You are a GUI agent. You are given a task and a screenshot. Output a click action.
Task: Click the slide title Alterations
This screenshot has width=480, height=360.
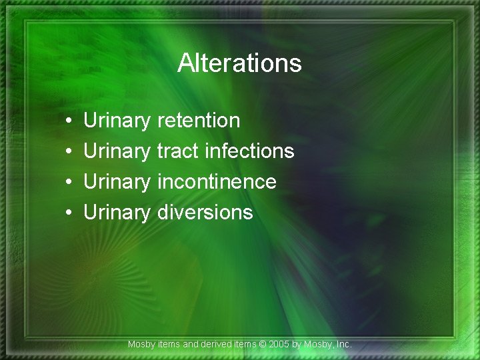(239, 64)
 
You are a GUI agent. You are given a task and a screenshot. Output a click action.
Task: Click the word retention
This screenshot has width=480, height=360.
(199, 121)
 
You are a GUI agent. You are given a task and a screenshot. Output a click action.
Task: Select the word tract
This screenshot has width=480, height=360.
(178, 151)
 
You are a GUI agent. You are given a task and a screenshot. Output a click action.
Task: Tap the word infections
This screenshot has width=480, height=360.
(249, 151)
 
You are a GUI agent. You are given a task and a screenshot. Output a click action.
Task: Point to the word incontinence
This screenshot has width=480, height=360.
(217, 182)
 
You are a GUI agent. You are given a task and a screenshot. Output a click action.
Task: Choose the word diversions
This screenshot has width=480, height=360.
(205, 213)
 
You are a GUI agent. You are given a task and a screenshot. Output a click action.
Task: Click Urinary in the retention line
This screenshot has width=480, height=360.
(117, 121)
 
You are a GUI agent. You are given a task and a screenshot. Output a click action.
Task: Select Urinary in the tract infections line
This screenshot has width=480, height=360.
(117, 152)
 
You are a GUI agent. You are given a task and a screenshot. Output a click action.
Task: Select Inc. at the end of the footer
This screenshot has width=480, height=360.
(343, 345)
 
